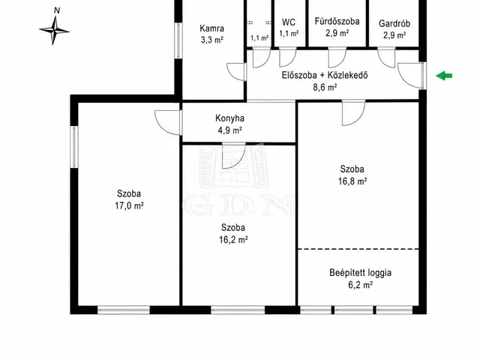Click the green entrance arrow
click(444, 76)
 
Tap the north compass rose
click(55, 31)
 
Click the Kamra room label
click(211, 28)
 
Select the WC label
click(288, 22)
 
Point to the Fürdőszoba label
click(337, 22)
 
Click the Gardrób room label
click(394, 23)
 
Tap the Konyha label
click(229, 118)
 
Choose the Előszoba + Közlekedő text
click(325, 75)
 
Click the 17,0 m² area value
click(129, 205)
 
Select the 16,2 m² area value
click(233, 240)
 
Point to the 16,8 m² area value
click(352, 181)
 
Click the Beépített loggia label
click(360, 273)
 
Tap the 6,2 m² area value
click(360, 285)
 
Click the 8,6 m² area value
click(325, 88)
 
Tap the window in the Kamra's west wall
click(178, 40)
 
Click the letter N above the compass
click(57, 10)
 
